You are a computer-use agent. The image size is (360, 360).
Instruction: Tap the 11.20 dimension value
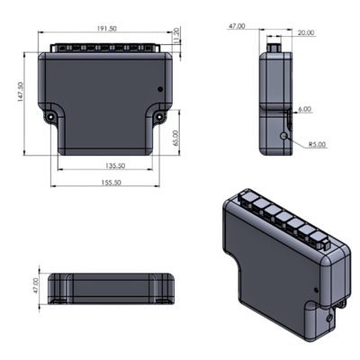click(177, 33)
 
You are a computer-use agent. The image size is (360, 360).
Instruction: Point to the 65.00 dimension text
click(177, 139)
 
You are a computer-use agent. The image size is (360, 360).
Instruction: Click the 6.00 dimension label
click(305, 110)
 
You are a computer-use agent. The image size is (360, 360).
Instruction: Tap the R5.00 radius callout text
click(317, 144)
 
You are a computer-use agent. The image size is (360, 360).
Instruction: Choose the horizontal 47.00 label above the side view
click(237, 26)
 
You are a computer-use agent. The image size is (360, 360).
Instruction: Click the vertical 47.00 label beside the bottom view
click(35, 287)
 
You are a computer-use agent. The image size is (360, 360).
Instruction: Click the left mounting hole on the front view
click(51, 117)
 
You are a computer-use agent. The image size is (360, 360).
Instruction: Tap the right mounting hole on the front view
click(158, 117)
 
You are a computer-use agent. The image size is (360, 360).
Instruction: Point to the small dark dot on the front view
click(160, 89)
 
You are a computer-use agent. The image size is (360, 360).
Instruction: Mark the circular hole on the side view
click(285, 135)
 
